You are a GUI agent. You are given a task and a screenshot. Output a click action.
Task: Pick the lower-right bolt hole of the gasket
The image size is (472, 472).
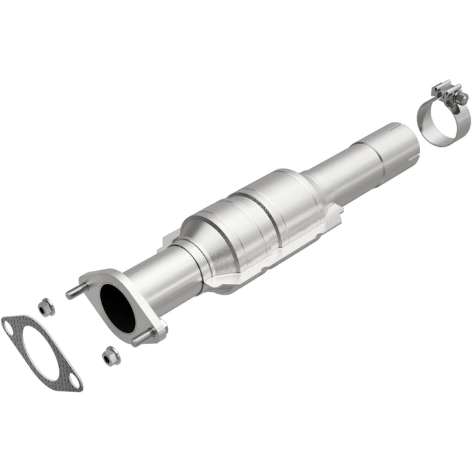click(x=73, y=384)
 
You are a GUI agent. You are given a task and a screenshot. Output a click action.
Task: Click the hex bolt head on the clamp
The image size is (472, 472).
click(x=463, y=98)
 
